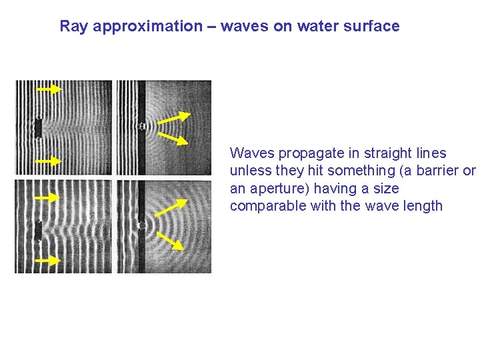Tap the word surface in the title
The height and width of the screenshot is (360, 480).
point(373,27)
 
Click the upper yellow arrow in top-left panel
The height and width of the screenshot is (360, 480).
point(48,89)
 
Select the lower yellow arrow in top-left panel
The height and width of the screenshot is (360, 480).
point(47,161)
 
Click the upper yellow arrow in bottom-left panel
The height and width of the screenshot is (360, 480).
point(47,198)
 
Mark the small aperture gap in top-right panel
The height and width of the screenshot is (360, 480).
point(142,125)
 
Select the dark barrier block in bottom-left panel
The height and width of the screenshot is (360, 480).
point(38,230)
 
